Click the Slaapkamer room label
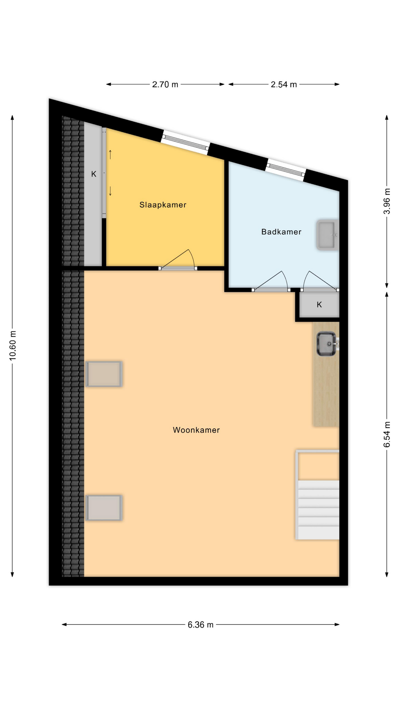coord(163,205)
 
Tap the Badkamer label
coord(281,232)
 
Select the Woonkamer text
coord(196,430)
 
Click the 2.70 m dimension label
coord(165,85)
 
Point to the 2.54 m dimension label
coord(284,85)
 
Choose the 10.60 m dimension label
coord(13,346)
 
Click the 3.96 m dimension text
coord(387,201)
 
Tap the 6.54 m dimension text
coord(387,434)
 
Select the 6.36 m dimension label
coord(201,625)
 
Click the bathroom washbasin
coord(327,235)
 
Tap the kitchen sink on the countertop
coord(327,344)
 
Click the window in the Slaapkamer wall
coord(185,142)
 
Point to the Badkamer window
coord(286,169)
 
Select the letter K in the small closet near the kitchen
coord(319,305)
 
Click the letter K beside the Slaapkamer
coord(94,174)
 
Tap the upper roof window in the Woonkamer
coord(104,374)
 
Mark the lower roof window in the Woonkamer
coord(104,508)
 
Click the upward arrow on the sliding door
coord(110,154)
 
